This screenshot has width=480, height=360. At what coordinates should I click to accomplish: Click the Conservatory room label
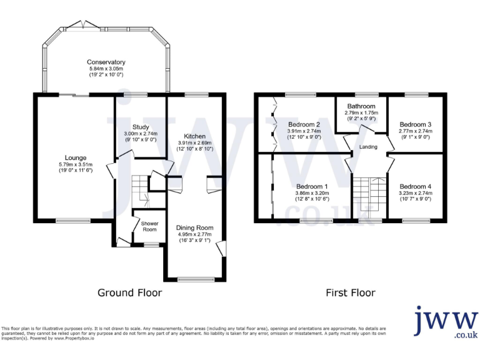pyautogui.click(x=106, y=62)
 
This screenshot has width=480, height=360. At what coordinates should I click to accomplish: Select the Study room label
pyautogui.click(x=141, y=127)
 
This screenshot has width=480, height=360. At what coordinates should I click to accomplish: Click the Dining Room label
pyautogui.click(x=194, y=227)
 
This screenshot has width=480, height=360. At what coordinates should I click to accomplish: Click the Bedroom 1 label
pyautogui.click(x=312, y=187)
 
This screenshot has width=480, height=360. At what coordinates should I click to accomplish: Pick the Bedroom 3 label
pyautogui.click(x=416, y=124)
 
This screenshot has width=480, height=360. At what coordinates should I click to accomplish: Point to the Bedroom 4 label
pyautogui.click(x=416, y=187)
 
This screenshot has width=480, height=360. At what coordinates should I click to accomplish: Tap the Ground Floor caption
pyautogui.click(x=130, y=292)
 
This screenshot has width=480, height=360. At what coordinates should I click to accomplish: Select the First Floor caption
pyautogui.click(x=351, y=292)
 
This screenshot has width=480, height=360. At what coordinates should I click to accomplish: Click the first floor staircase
pyautogui.click(x=369, y=197)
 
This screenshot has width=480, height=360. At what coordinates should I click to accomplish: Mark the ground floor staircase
pyautogui.click(x=142, y=190)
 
